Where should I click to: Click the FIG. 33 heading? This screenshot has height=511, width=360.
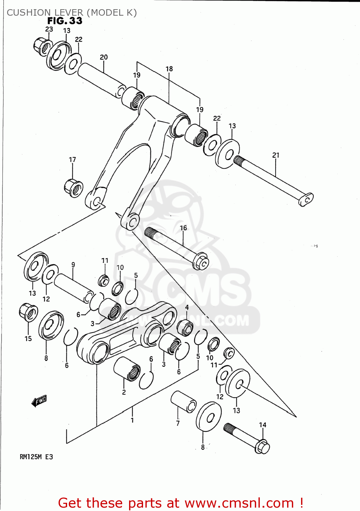coord(65,21)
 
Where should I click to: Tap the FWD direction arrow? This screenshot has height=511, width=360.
coord(39,401)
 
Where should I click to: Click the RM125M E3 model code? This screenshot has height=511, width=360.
coord(36,457)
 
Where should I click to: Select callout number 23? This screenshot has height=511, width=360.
coord(49,29)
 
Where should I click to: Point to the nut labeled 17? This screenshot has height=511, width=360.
coord(74,188)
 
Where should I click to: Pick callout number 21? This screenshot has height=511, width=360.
coord(276,155)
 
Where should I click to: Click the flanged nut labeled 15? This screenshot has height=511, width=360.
coord(28,312)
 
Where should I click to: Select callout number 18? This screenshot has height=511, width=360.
coord(169,69)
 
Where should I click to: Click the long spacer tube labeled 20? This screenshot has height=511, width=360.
coord(101,80)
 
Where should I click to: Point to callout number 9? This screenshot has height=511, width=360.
coord(73,265)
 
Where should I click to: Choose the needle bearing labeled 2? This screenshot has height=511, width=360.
coord(127,369)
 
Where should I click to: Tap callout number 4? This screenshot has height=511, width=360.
coord(187,307)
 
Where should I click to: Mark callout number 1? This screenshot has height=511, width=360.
coord(132,420)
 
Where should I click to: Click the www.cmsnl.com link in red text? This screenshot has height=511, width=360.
coord(239,503)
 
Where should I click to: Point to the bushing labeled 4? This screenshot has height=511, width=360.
coord(185,328)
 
